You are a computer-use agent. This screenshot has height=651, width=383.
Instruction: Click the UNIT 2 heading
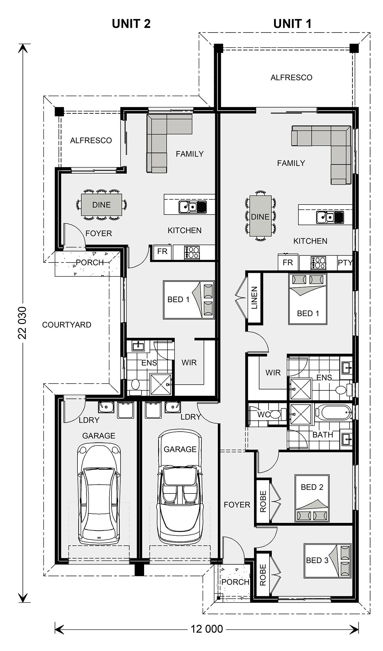click(131, 24)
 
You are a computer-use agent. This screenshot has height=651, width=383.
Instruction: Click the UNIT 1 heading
click(292, 24)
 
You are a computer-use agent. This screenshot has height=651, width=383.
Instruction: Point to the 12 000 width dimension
click(207, 628)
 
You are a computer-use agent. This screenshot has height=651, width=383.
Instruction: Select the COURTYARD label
click(67, 325)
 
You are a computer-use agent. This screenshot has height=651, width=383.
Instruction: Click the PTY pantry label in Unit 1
click(345, 263)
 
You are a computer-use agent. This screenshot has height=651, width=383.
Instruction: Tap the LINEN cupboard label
click(254, 298)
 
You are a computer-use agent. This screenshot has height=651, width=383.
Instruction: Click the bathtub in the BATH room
click(333, 413)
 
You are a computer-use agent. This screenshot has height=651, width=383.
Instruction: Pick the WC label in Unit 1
click(263, 415)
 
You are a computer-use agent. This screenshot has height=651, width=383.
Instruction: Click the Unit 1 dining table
click(260, 216)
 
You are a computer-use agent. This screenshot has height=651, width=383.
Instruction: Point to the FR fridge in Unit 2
click(162, 251)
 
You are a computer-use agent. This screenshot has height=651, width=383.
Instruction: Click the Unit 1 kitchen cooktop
click(318, 263)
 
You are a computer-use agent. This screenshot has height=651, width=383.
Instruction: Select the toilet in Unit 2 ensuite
click(135, 386)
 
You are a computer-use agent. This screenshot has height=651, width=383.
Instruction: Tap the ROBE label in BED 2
click(263, 502)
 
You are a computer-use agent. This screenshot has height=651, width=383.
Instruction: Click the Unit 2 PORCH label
click(90, 263)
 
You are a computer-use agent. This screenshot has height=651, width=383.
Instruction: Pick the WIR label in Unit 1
click(273, 373)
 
